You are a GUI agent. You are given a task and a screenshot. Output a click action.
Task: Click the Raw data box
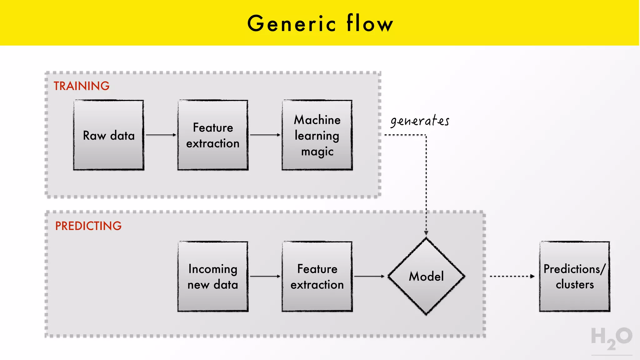coord(108,135)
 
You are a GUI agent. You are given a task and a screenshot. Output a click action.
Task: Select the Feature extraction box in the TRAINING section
coord(213,135)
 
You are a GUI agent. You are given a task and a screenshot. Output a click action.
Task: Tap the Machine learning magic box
coord(317,135)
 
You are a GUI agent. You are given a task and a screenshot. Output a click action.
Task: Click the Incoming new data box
coord(213,276)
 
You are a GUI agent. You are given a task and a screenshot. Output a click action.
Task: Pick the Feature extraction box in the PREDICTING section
coord(317,276)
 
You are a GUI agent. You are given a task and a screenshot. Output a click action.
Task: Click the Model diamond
coord(426,276)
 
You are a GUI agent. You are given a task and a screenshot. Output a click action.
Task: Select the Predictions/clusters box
coord(574,276)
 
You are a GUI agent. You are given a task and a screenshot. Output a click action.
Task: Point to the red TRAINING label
coord(82,86)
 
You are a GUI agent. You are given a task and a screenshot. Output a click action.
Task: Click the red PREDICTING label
coord(88,226)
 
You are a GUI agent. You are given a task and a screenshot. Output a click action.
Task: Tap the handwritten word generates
coord(420,121)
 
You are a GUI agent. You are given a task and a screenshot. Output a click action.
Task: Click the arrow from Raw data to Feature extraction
coord(161,135)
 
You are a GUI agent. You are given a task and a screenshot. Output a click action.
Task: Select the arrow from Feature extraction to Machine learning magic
coord(265,135)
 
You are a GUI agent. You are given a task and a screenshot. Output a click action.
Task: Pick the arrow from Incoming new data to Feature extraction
coord(265,276)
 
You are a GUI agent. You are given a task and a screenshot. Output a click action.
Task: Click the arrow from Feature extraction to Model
coord(369,276)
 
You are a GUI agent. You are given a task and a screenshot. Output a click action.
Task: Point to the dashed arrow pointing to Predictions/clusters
coord(512,276)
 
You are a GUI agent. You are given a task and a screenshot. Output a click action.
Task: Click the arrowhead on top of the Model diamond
coord(426,233)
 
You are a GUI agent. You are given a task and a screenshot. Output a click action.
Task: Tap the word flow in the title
coord(370,23)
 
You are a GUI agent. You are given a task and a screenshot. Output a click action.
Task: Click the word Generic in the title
coord(292,23)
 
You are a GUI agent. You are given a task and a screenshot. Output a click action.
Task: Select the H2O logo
coord(611,338)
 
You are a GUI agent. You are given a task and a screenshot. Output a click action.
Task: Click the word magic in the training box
coord(317,152)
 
